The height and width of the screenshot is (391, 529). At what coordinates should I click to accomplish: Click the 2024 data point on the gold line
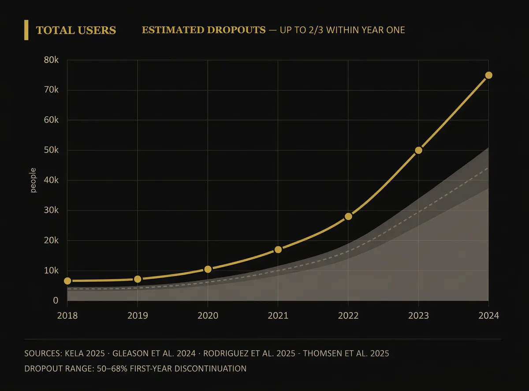click(488, 75)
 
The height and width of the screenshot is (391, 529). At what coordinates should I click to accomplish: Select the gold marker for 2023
click(418, 150)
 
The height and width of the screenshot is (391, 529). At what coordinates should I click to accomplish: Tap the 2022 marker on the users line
click(348, 216)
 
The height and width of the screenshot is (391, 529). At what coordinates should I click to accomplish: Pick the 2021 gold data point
click(278, 249)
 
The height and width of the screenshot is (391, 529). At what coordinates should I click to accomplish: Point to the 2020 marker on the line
click(208, 269)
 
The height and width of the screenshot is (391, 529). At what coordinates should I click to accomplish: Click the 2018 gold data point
click(67, 281)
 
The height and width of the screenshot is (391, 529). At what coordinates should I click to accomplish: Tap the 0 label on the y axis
click(56, 301)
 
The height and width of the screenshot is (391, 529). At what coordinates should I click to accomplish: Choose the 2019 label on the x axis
click(137, 316)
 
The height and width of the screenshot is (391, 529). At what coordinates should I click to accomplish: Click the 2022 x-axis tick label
click(348, 316)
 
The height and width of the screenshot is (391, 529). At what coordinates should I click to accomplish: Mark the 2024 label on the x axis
click(488, 316)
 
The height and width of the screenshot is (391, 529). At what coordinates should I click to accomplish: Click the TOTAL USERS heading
click(76, 30)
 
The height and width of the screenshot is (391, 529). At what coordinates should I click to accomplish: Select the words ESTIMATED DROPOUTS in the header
click(204, 30)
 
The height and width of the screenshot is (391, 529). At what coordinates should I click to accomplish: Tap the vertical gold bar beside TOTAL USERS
click(26, 30)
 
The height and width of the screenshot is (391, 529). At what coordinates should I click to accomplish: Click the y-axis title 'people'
click(34, 180)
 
